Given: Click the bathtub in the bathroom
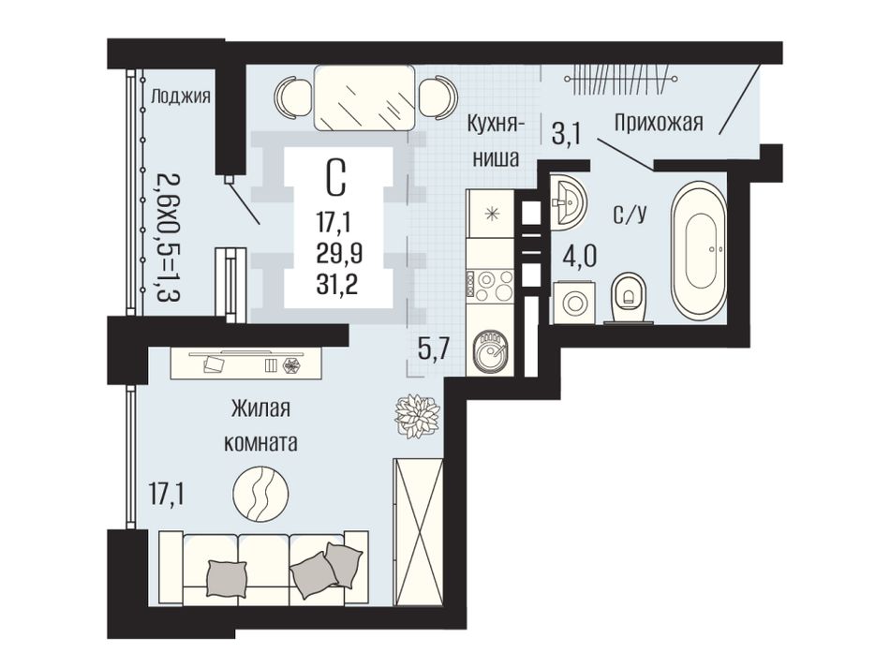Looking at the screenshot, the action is point(698,252).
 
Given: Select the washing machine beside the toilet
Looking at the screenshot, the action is point(574,303).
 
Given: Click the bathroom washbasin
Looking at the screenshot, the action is point(568,202).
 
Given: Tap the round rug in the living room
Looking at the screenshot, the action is point(261,494).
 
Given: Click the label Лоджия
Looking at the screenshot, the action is point(180,97).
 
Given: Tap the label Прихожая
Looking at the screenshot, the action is point(659,122).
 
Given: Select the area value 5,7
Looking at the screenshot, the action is point(434,349).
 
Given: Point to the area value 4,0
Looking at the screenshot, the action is point(579,256).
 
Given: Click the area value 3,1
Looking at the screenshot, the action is point(567,135).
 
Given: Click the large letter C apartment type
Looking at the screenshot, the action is point(337,176).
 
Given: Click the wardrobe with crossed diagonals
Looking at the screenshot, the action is point(418,532).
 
